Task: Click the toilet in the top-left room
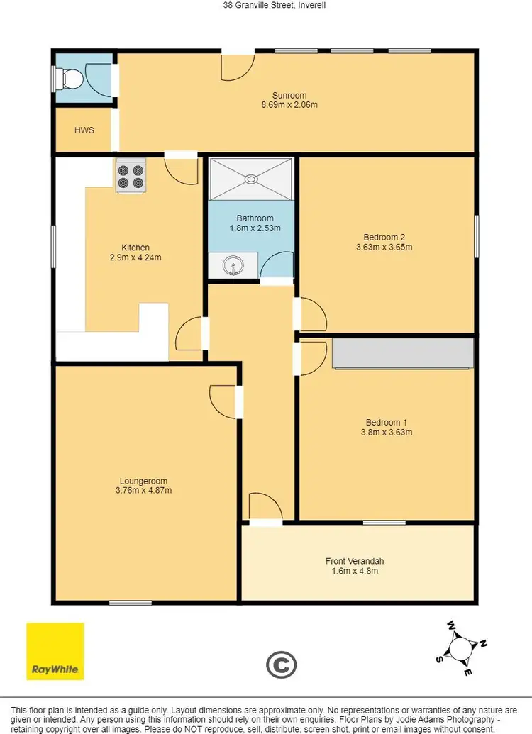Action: [x=69, y=78]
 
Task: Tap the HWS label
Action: [x=84, y=130]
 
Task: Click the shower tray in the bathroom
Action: [x=252, y=179]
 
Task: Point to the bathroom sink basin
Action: [x=232, y=267]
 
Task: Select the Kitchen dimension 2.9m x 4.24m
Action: [x=135, y=257]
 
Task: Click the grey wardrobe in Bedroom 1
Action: [x=402, y=353]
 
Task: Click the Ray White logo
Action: [x=55, y=651]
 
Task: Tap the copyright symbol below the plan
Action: [x=281, y=665]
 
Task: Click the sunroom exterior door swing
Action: [x=238, y=66]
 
